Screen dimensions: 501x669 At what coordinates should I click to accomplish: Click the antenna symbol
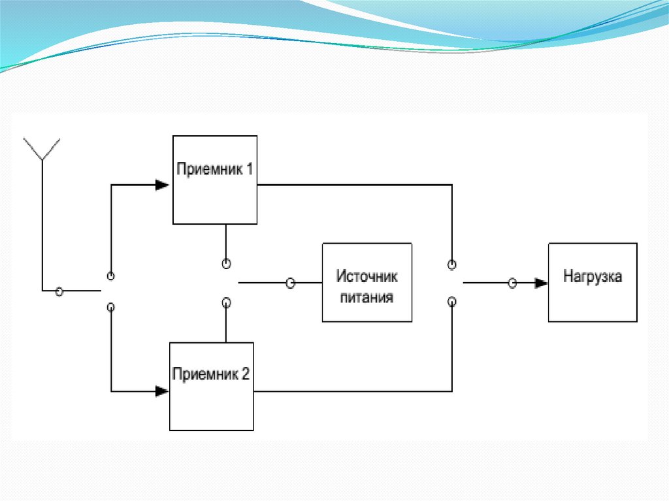[42, 150]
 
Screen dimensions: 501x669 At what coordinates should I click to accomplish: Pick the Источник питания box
[367, 282]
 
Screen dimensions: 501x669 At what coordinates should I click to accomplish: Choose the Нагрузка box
[592, 282]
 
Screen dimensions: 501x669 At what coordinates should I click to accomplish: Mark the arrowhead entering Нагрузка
[540, 283]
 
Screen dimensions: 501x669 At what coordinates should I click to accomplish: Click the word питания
[367, 298]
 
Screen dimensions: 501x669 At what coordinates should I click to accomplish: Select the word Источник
[367, 276]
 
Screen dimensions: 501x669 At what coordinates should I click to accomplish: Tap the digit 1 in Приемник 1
[249, 169]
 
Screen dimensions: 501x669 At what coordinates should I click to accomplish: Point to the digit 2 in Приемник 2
[245, 374]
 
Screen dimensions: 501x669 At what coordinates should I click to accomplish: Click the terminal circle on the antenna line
[59, 291]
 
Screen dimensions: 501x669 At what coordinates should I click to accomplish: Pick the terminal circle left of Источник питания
[291, 283]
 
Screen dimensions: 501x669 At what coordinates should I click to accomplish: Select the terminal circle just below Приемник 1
[226, 264]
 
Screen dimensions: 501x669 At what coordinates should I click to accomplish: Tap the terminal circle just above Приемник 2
[226, 302]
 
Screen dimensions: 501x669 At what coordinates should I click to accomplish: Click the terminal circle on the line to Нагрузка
[513, 283]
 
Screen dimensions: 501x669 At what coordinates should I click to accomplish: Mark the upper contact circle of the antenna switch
[111, 276]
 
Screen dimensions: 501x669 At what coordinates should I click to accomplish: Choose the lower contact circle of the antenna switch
[111, 306]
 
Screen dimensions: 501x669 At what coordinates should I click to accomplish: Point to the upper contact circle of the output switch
[451, 264]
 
